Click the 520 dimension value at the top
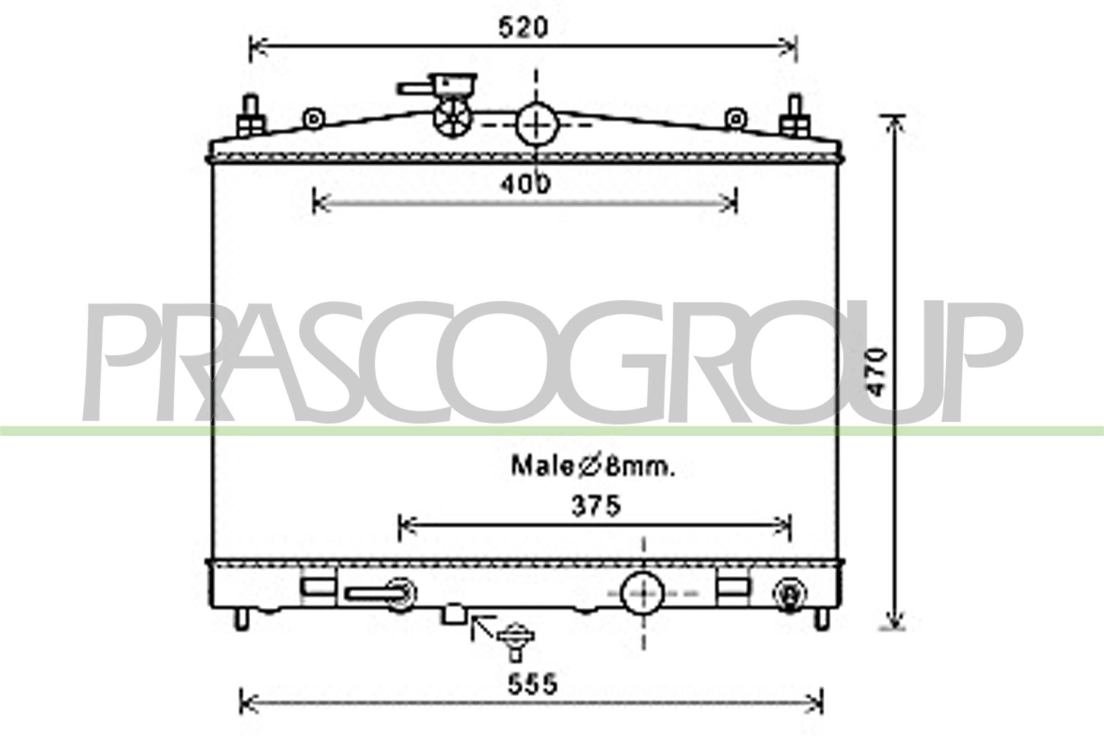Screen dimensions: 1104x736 (x=523, y=28)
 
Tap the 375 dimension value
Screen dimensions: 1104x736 (x=596, y=506)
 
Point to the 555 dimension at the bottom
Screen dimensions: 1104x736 (x=532, y=684)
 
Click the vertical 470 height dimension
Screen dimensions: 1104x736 (x=876, y=372)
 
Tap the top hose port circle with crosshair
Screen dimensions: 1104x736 (x=537, y=125)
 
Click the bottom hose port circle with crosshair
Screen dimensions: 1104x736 (x=643, y=593)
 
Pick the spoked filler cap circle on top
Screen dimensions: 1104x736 (x=453, y=118)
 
